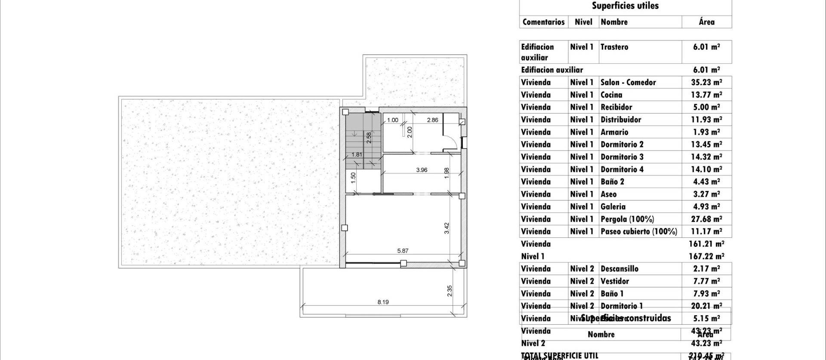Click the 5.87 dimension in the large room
coord(403,251)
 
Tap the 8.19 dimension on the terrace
coord(383,302)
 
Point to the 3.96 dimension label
coord(422,170)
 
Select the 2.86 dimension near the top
coord(432,120)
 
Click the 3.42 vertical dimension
coord(447,228)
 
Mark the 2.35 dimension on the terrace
coord(450,291)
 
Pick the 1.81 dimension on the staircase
coord(357,154)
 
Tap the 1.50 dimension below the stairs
coord(353,178)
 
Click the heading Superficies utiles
coord(625,6)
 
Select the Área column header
coord(706,22)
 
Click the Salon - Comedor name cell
coord(628,82)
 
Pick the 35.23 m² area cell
coord(706,82)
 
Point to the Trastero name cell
coord(614,47)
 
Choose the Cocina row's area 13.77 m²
coord(706,95)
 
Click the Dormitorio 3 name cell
coord(622,157)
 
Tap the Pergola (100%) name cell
coord(627,219)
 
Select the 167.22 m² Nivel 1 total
coord(706,256)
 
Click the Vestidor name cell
coord(615,281)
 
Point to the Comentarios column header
coord(543,22)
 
